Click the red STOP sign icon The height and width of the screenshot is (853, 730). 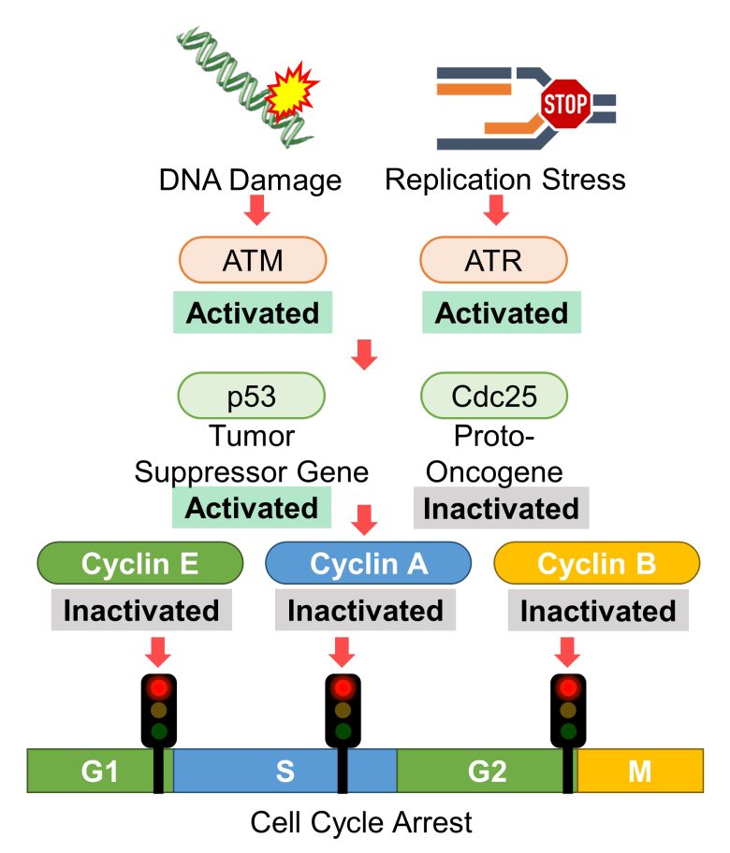coord(563,108)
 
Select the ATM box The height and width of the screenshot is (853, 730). coord(253,259)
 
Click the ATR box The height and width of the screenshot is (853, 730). coord(494,259)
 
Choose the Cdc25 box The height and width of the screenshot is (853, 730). coord(494,396)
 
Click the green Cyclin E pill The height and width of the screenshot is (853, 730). coord(140,565)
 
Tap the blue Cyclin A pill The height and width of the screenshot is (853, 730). coord(369,565)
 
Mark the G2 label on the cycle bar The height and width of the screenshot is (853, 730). coord(487,772)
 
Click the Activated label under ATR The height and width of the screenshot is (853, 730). coord(501,312)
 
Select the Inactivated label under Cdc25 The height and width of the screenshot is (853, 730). coord(501,509)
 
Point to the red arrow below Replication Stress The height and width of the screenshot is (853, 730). coord(496,211)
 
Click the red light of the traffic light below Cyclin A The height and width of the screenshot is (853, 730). coord(343,688)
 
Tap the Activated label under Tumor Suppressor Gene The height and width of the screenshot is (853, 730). coord(252,508)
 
